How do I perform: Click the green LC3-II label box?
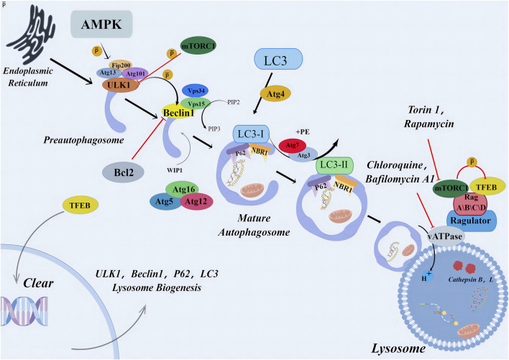point(333,167)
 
